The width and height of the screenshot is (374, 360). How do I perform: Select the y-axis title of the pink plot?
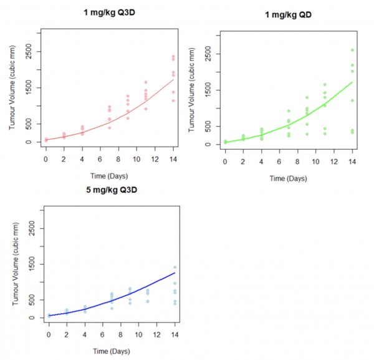pyautogui.click(x=13, y=89)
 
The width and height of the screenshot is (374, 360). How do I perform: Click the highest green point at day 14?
pyautogui.click(x=352, y=51)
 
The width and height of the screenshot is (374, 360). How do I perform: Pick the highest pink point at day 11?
pyautogui.click(x=146, y=82)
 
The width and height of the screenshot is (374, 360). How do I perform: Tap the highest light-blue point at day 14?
pyautogui.click(x=175, y=267)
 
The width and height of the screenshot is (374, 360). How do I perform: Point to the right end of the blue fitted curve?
pyautogui.click(x=175, y=273)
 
